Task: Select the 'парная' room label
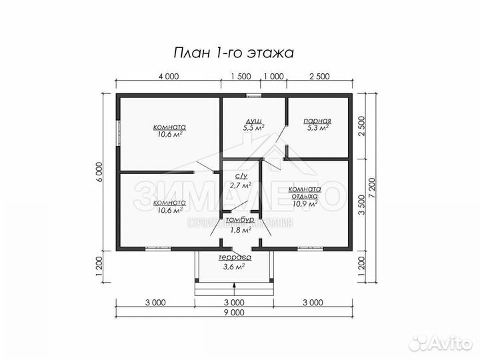(317, 121)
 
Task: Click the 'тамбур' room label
(239, 221)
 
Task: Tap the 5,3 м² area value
(317, 128)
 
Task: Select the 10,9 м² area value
(305, 204)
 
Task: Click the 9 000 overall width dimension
(235, 312)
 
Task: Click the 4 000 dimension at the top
(169, 76)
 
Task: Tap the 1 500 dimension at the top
(241, 76)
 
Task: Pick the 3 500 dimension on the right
(361, 205)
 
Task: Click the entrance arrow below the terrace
(235, 287)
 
